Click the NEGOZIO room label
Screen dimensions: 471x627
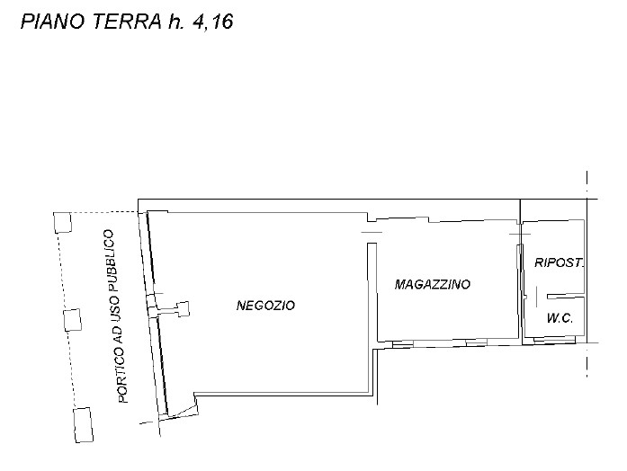[265, 306]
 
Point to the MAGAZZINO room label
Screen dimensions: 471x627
[433, 284]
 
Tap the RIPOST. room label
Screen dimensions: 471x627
[560, 263]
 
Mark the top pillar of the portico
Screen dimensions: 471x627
[63, 221]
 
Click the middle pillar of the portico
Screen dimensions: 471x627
[72, 320]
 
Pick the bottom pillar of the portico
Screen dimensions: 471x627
[82, 423]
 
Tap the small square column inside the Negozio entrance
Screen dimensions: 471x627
[184, 309]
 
